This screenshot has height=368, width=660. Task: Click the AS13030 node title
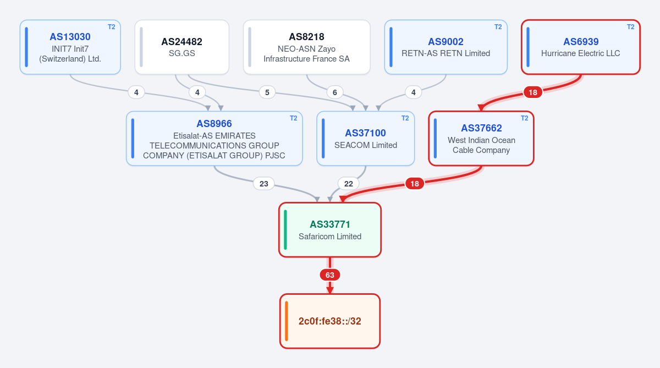(x=70, y=37)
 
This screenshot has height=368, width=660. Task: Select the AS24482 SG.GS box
(x=182, y=47)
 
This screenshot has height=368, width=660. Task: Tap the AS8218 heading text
(x=306, y=37)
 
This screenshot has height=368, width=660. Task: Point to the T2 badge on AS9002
(x=498, y=27)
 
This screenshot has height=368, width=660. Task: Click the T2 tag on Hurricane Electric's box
(x=630, y=27)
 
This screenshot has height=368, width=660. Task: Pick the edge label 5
(x=267, y=92)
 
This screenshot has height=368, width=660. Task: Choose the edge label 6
(x=335, y=92)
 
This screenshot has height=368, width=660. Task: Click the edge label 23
(x=263, y=184)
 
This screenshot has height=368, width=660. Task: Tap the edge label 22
(x=349, y=184)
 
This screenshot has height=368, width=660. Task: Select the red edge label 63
(x=329, y=275)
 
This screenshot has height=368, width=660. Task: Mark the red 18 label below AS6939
(x=533, y=92)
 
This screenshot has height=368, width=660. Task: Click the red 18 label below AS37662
(x=415, y=184)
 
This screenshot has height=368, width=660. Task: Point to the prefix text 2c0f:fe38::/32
(x=329, y=321)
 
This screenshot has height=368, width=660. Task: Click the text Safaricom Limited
(x=330, y=237)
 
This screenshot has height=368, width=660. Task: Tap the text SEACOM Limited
(x=366, y=145)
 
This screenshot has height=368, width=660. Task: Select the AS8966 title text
(x=214, y=124)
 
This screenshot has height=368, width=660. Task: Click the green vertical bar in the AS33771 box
(x=285, y=230)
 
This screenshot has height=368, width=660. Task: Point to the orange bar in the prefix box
(x=287, y=321)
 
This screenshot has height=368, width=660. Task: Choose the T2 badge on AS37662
(x=525, y=118)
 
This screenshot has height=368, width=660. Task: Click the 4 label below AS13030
(x=136, y=92)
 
